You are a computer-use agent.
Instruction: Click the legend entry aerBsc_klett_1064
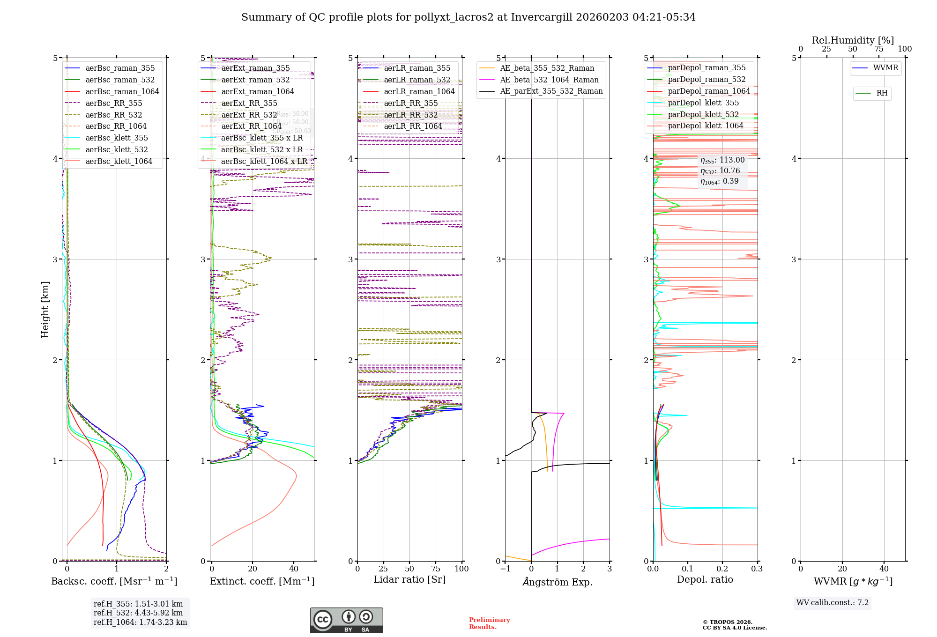tap(119, 161)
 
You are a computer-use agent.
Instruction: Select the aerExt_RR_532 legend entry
tap(249, 115)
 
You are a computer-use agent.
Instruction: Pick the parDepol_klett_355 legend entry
tap(703, 103)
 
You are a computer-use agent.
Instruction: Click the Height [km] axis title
tap(45, 309)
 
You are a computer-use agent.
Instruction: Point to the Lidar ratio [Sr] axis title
tap(409, 579)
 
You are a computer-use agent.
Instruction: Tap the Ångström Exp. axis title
tap(558, 582)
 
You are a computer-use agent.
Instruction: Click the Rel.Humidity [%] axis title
tap(853, 40)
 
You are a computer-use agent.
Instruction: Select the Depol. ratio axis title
tap(705, 579)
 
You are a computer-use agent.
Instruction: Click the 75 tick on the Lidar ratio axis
tap(436, 569)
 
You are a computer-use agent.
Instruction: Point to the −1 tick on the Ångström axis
tap(505, 569)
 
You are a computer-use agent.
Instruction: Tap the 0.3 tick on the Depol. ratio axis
tap(757, 569)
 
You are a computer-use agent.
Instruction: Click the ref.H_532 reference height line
tap(138, 613)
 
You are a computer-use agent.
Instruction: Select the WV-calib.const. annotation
tap(833, 603)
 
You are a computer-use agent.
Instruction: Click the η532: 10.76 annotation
tap(720, 171)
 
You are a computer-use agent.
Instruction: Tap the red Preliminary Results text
tap(489, 623)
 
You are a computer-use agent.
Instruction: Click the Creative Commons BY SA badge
tap(346, 620)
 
